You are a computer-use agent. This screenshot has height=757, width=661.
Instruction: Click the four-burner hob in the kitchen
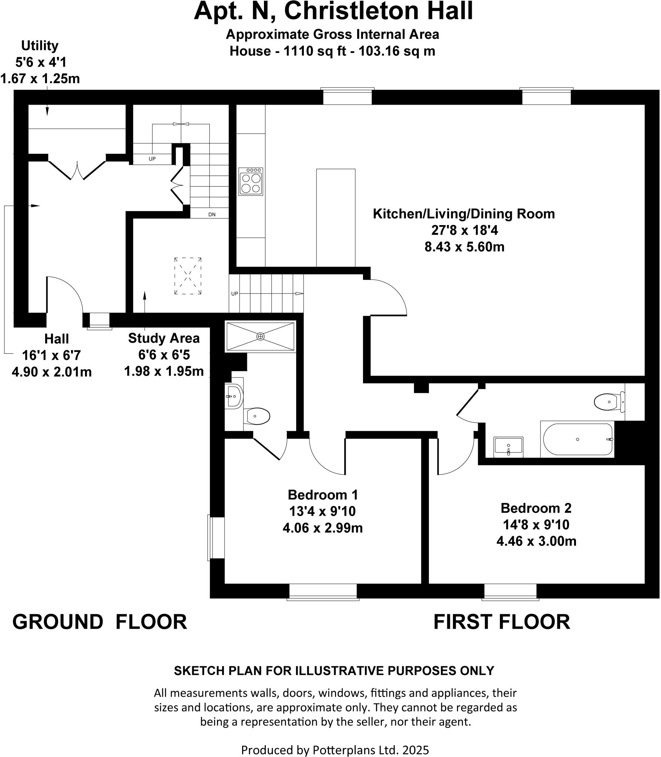251,181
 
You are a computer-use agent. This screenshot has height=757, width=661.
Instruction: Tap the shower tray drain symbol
261,336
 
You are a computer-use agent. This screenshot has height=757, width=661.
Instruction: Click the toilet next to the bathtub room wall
609,402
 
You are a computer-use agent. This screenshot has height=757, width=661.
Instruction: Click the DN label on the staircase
212,214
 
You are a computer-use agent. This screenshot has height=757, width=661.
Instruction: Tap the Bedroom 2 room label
536,508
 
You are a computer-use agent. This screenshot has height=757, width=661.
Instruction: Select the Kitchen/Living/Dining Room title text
464,214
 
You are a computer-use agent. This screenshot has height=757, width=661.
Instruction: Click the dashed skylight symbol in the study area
188,276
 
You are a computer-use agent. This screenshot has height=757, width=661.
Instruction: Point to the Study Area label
164,338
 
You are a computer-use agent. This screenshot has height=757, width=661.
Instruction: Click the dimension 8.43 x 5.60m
464,247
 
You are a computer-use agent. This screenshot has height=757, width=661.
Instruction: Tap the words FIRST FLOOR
502,622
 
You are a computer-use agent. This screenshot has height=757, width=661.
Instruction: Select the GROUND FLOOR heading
100,622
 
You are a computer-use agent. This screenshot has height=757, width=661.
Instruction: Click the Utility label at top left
40,46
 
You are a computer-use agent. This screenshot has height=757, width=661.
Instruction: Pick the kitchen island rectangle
336,218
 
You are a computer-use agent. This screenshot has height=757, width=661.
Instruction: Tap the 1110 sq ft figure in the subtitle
315,51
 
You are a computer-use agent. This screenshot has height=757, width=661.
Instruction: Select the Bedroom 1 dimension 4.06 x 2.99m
323,528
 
